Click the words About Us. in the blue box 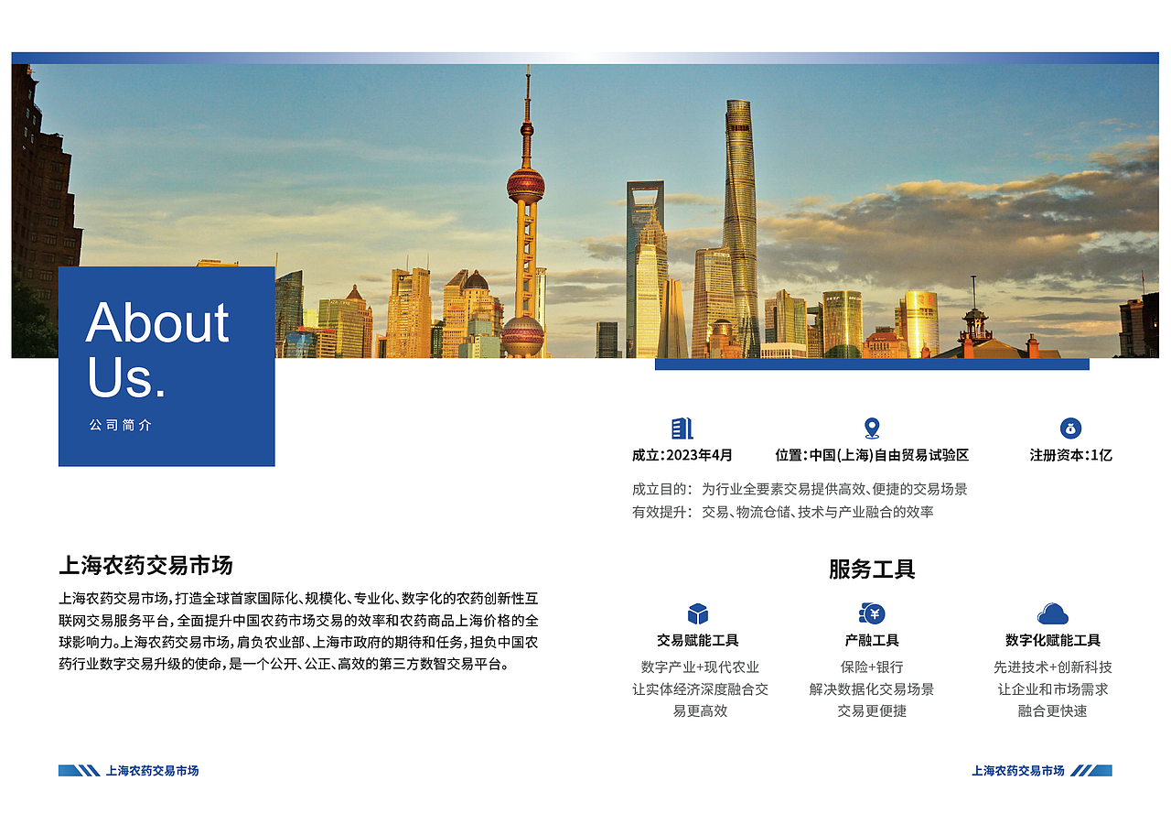[x=157, y=349]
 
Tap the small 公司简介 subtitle [x=121, y=426]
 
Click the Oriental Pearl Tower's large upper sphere [x=526, y=185]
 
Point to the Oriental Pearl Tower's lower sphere [x=523, y=334]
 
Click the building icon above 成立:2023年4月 [x=682, y=428]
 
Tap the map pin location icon [x=872, y=428]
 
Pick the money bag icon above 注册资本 [x=1071, y=428]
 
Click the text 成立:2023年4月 [x=682, y=455]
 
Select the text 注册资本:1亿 [x=1070, y=455]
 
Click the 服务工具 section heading [x=872, y=569]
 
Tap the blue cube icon [x=698, y=613]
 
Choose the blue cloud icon [x=1053, y=613]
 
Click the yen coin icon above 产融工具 [x=872, y=613]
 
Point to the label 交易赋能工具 [x=698, y=641]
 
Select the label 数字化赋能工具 [x=1053, y=641]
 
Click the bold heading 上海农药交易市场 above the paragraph [x=145, y=566]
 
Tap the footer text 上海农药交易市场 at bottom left [x=153, y=771]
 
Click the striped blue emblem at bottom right [x=1090, y=771]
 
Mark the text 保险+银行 [x=872, y=667]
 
